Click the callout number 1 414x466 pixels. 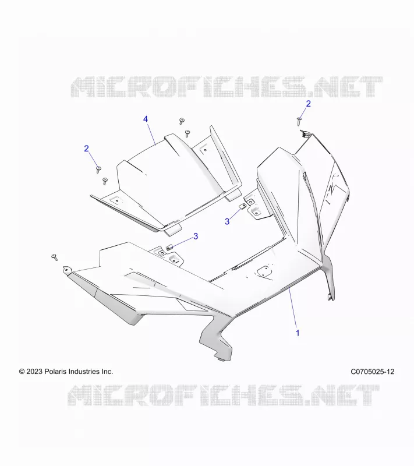click(298, 333)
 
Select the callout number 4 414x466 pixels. click(146, 119)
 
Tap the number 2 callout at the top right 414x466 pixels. click(308, 104)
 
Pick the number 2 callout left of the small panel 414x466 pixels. click(86, 149)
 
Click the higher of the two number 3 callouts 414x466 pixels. click(227, 221)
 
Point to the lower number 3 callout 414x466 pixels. click(196, 236)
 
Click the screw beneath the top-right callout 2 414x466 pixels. click(299, 121)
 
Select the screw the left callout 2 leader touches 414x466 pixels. click(98, 170)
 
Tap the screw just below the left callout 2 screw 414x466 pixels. click(105, 181)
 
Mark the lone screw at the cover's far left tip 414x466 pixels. click(54, 257)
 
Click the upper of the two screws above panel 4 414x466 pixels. click(182, 121)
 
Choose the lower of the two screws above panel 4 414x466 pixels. click(187, 133)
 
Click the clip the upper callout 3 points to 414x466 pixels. click(243, 206)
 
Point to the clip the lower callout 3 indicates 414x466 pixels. click(169, 247)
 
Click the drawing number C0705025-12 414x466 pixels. click(373, 372)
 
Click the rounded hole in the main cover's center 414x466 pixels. click(264, 271)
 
